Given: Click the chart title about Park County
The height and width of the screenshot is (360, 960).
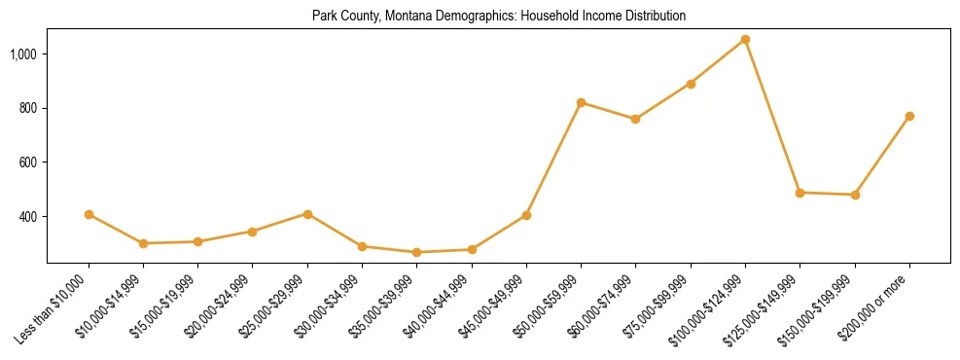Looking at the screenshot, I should click(x=499, y=16).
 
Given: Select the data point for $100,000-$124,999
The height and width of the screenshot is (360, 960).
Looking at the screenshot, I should click(x=745, y=40).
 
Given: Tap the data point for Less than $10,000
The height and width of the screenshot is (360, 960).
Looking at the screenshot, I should click(x=89, y=214).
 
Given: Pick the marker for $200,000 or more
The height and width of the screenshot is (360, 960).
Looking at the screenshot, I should click(x=909, y=116).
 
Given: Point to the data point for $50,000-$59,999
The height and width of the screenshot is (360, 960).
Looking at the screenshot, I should click(x=581, y=102).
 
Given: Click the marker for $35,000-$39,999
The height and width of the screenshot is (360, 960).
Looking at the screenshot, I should click(x=416, y=252).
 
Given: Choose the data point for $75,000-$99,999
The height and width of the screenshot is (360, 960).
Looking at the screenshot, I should click(x=691, y=84).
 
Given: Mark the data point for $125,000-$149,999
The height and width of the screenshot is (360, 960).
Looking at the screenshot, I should click(x=800, y=193).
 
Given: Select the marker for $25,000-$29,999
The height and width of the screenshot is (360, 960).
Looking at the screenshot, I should click(x=307, y=214).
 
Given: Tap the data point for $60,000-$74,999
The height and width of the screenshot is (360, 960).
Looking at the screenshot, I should click(x=635, y=119).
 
